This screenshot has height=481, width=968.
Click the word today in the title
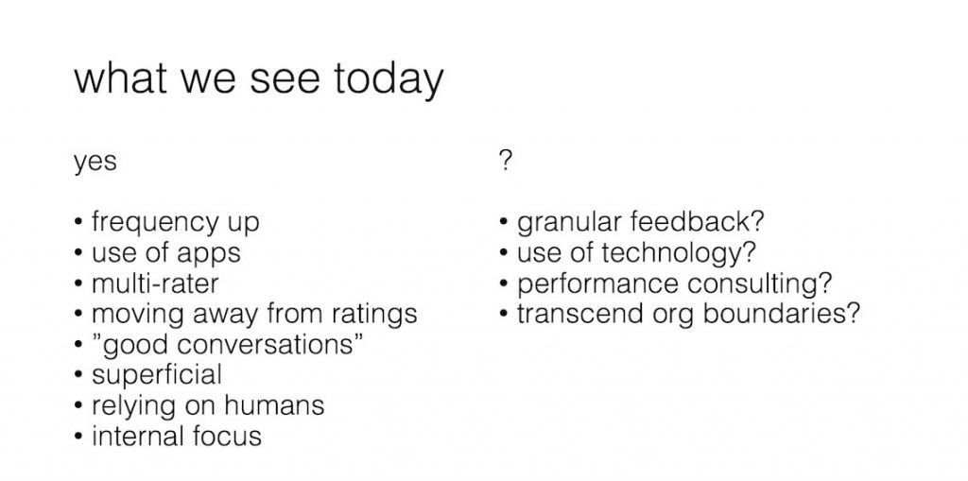pos(388,80)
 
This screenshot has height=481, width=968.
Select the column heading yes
pos(95,162)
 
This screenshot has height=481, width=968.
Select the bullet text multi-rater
pos(155,283)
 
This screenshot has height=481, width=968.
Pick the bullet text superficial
pos(156,374)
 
